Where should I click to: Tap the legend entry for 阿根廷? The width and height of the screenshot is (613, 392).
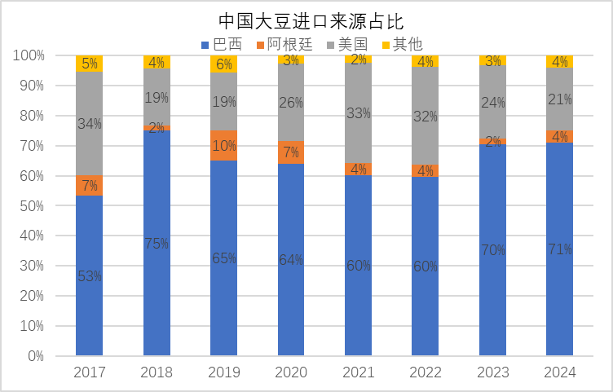pyautogui.click(x=284, y=43)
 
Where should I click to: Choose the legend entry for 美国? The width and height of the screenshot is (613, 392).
pyautogui.click(x=347, y=43)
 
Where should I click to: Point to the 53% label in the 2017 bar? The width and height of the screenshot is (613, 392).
pyautogui.click(x=90, y=276)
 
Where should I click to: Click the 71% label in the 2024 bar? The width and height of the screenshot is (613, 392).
pyautogui.click(x=559, y=249)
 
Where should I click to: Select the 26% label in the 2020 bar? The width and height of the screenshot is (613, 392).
pyautogui.click(x=291, y=103)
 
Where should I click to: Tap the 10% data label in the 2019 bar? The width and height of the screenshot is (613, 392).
pyautogui.click(x=224, y=146)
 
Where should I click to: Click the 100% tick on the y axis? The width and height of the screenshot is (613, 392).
pyautogui.click(x=27, y=55)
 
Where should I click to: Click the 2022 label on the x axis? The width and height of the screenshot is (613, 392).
pyautogui.click(x=425, y=372)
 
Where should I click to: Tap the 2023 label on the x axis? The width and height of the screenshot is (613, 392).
pyautogui.click(x=492, y=372)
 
